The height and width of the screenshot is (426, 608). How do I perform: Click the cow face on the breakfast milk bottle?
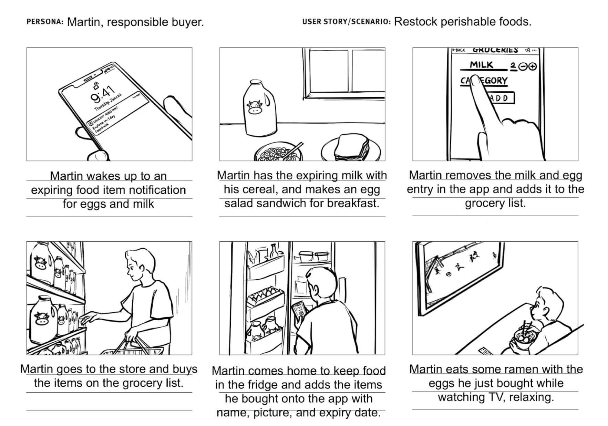tap(255, 107)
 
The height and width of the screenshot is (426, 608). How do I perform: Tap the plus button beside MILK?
tap(533, 66)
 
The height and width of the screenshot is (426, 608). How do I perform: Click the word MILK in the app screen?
tap(482, 65)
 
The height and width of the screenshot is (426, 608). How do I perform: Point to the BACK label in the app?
tap(459, 50)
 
